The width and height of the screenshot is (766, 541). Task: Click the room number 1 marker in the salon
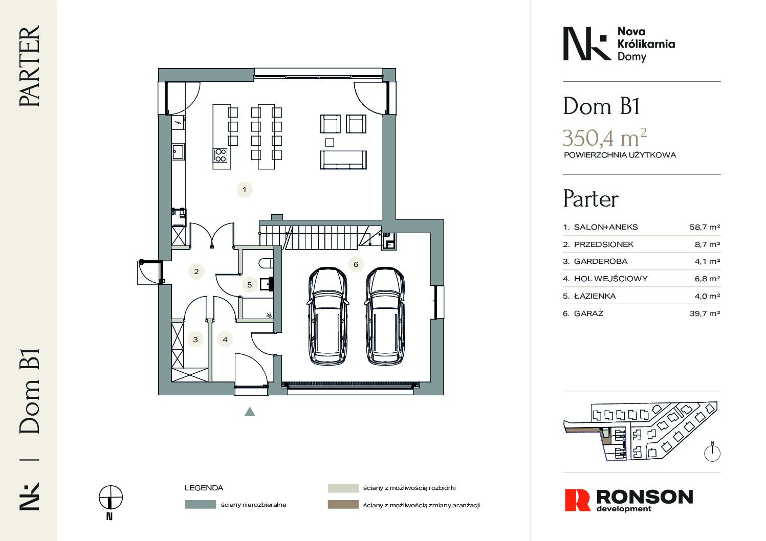coord(244,190)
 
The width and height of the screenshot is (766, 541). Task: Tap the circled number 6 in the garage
coord(356,264)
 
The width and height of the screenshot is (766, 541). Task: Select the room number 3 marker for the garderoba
coord(195,340)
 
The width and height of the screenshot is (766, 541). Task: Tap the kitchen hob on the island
coord(220,155)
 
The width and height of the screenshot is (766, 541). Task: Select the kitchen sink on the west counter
coord(178,152)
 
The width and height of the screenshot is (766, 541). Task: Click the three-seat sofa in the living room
coord(343,160)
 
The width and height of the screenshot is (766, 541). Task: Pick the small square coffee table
coord(330,143)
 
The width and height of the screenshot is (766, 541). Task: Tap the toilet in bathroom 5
coord(266,263)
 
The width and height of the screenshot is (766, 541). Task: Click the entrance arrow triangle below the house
coord(250,412)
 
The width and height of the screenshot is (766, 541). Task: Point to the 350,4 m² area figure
coord(605,138)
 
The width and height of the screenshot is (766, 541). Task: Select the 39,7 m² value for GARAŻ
coord(705,313)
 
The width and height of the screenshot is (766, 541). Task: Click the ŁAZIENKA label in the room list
coord(595,296)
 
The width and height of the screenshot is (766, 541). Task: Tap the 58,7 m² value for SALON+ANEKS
coord(705,227)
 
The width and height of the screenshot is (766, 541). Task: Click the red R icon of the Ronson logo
coord(577,500)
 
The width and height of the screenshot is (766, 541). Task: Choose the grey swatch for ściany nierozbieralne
coord(201,504)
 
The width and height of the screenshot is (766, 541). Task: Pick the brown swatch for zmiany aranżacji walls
coord(343,504)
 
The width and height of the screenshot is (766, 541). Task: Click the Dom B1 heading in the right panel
coord(601,106)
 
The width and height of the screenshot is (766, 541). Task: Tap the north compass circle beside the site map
coord(712,454)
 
